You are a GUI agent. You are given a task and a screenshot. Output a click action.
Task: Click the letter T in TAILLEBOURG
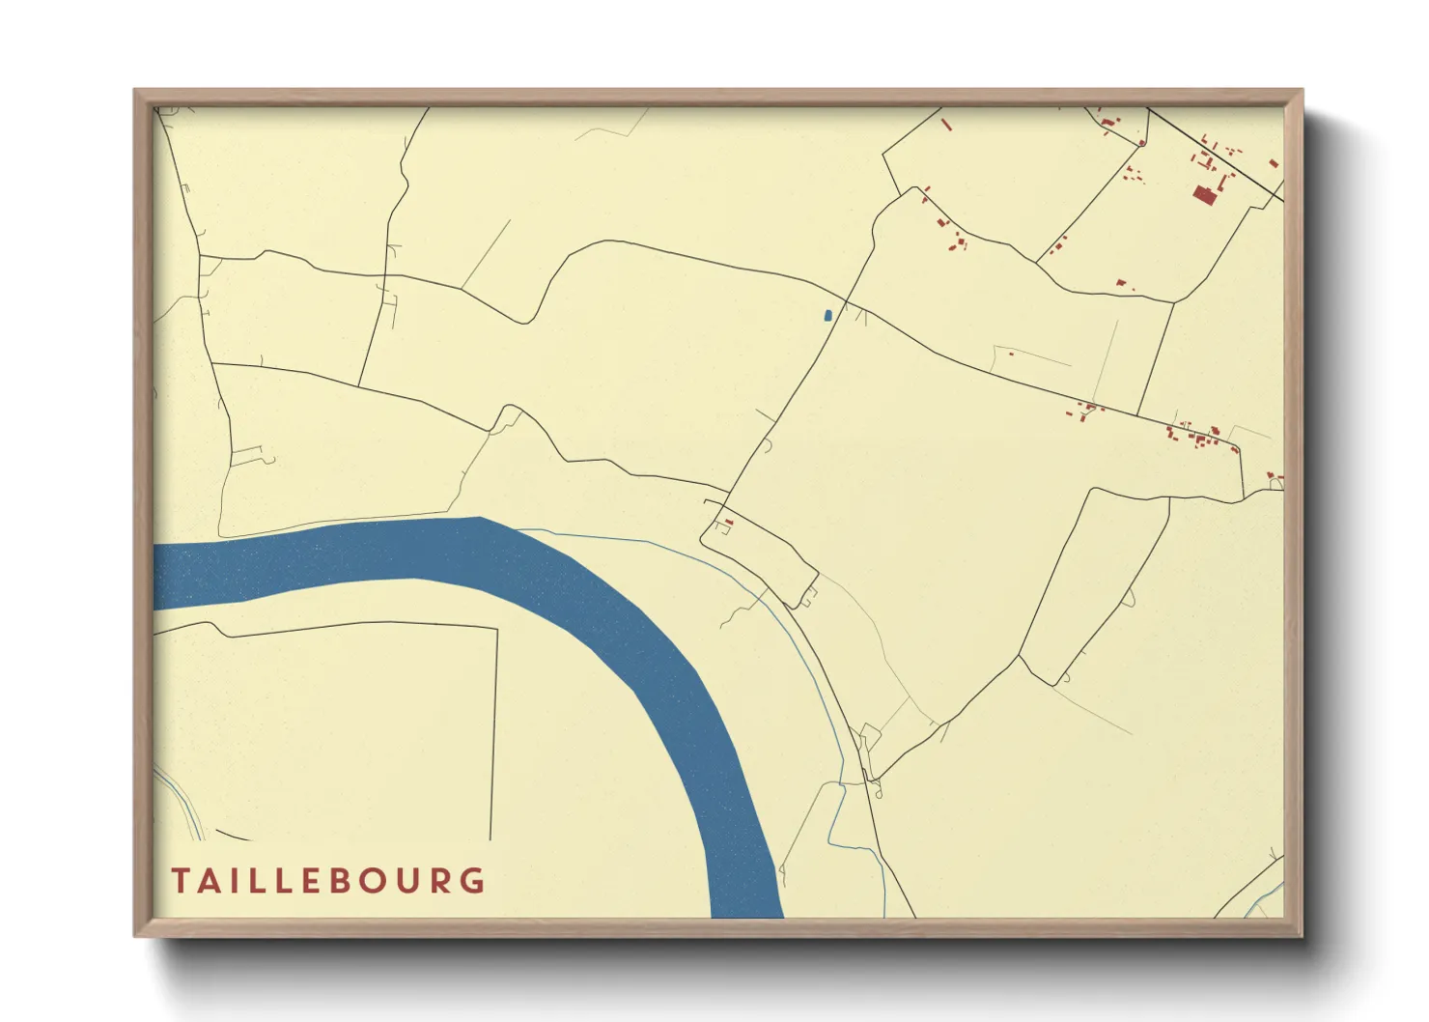pos(181,881)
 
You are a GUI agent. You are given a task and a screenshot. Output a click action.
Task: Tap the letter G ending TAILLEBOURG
pos(474,881)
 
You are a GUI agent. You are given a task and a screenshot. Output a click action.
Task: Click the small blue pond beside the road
pos(827,315)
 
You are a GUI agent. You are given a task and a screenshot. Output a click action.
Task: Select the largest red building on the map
pos(1203,195)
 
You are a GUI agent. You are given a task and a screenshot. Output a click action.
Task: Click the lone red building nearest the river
pos(729,523)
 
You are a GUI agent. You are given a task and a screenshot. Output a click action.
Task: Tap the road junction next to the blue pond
pos(846,303)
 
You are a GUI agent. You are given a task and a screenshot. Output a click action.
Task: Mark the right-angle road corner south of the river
pos(496,630)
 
